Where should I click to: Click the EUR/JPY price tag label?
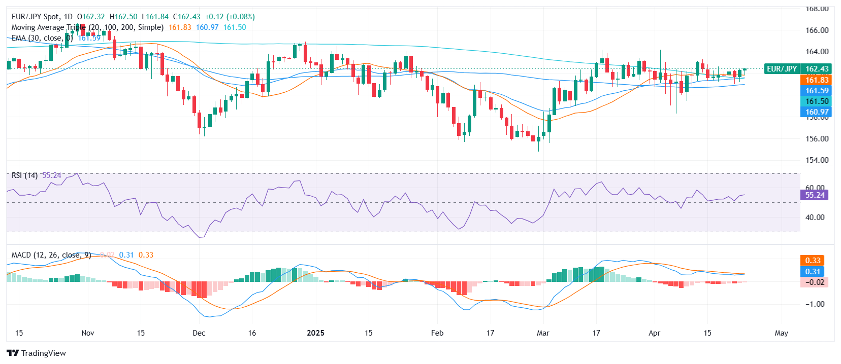pos(782,68)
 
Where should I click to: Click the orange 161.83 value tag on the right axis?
pos(817,80)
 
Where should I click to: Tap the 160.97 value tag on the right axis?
pos(817,112)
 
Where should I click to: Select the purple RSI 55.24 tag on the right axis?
pos(814,195)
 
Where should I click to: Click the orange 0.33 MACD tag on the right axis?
pos(813,260)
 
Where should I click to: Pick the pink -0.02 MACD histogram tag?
pos(815,282)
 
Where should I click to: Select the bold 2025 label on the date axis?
pos(315,333)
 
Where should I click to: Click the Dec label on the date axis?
pos(199,333)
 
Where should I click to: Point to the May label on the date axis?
pos(781,333)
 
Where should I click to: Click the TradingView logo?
pos(36,353)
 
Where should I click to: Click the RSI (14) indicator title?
pos(24,175)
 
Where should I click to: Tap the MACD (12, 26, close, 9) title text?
pos(51,255)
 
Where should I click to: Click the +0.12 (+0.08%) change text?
pos(230,17)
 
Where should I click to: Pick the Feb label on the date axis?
pos(437,333)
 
